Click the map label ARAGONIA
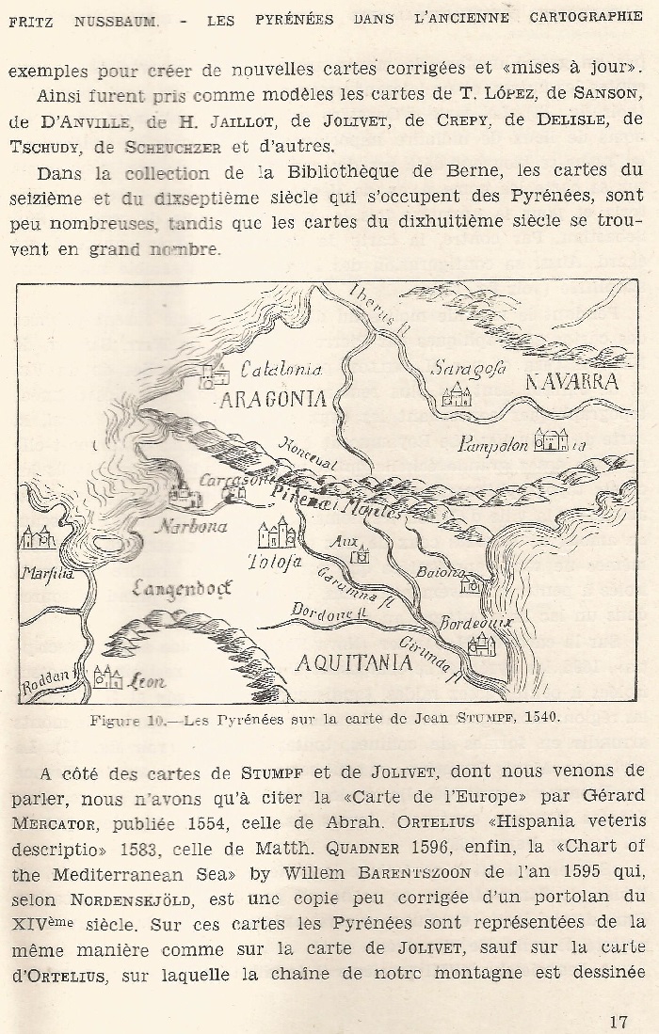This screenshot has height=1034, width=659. coord(273,399)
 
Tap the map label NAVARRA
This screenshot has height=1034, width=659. coord(571,382)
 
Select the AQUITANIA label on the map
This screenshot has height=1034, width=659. coord(354,662)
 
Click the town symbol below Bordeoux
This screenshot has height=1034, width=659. coord(481,645)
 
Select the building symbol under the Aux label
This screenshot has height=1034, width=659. coord(360,556)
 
